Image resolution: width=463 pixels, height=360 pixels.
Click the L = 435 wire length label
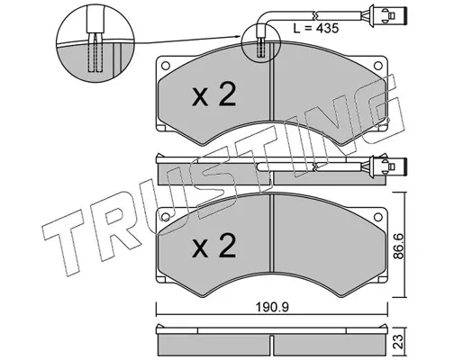(x=316, y=29)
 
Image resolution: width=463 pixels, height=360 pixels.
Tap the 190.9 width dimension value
(x=272, y=307)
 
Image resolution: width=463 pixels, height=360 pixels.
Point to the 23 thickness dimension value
(x=400, y=342)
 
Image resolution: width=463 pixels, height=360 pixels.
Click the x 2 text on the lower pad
(x=214, y=246)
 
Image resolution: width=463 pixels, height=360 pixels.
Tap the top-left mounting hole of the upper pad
(x=166, y=66)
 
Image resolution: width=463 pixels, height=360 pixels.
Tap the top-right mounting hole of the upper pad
(x=377, y=66)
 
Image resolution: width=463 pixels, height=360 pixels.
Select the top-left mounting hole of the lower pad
(x=166, y=217)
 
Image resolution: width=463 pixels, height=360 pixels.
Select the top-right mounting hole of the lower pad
(x=377, y=217)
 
